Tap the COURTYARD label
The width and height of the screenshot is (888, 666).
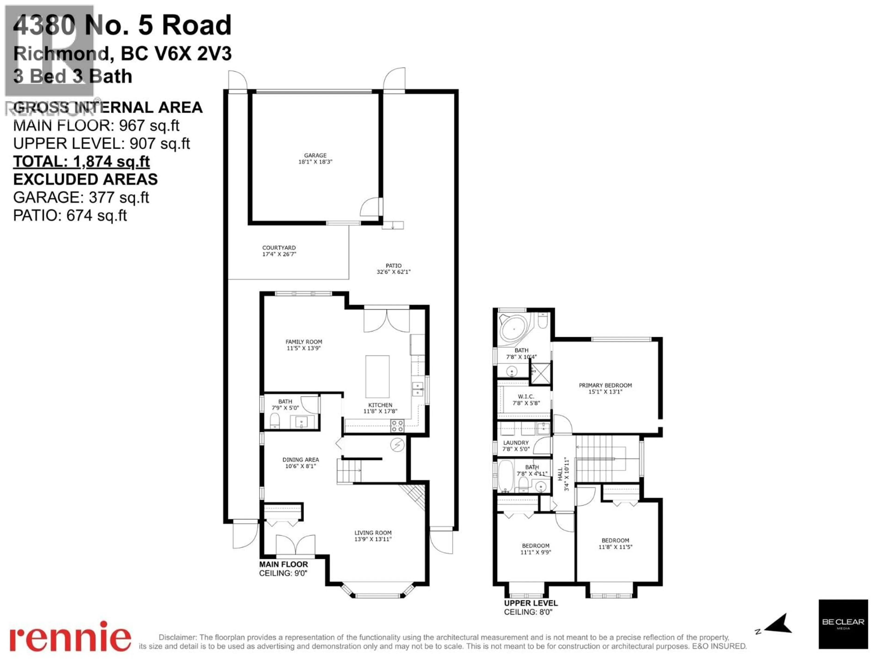(279, 248)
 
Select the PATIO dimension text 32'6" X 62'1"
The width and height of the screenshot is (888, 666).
(393, 272)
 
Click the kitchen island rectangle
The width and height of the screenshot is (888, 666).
(377, 376)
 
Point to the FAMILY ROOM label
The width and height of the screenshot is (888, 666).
(304, 342)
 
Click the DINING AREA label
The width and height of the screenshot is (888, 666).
(300, 460)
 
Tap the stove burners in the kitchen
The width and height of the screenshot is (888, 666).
(397, 425)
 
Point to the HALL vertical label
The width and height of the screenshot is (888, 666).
(560, 474)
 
